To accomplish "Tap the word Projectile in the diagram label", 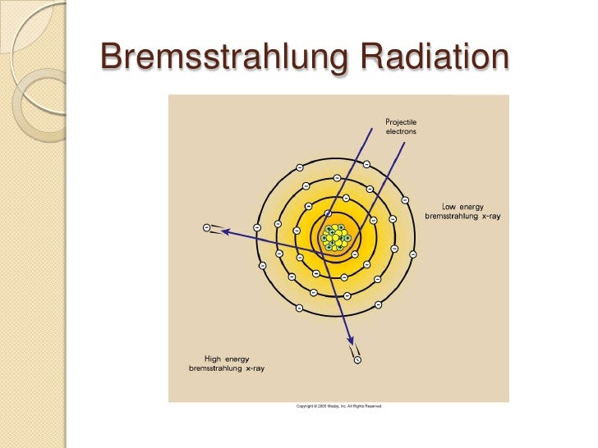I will pyautogui.click(x=401, y=122).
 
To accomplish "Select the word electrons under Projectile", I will pyautogui.click(x=401, y=131).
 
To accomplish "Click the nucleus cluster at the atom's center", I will pyautogui.click(x=335, y=237).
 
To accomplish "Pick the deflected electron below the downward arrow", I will pyautogui.click(x=356, y=357).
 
